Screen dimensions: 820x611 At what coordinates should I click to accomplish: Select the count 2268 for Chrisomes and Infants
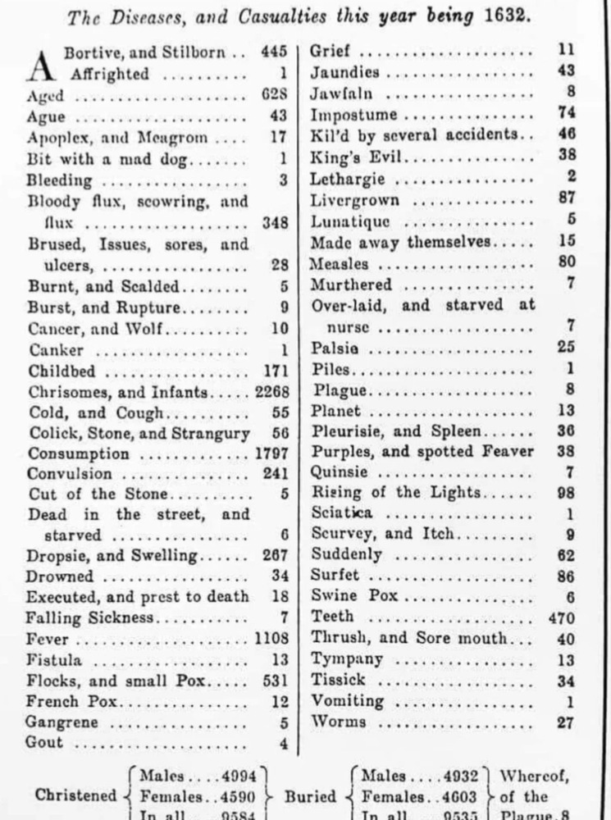pyautogui.click(x=271, y=391)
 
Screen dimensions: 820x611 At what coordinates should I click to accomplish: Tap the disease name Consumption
pyautogui.click(x=78, y=453)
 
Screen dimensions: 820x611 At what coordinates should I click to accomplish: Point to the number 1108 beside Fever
pyautogui.click(x=271, y=638)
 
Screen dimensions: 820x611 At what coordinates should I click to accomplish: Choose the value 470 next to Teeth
pyautogui.click(x=562, y=617)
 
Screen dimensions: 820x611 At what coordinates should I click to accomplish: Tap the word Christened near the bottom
pyautogui.click(x=76, y=795)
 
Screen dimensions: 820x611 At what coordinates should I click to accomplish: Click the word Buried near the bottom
pyautogui.click(x=311, y=795)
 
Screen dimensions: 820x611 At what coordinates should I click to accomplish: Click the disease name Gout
pyautogui.click(x=44, y=744)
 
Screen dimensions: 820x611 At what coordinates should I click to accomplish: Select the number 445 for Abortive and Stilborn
pyautogui.click(x=274, y=52)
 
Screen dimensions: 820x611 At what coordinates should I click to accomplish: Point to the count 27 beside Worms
pyautogui.click(x=565, y=722)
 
